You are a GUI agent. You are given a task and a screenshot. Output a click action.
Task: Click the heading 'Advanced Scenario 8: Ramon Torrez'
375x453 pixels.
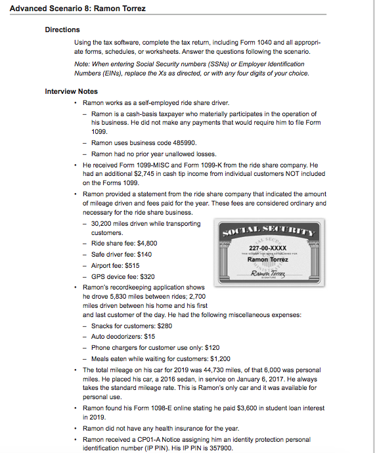point(74,9)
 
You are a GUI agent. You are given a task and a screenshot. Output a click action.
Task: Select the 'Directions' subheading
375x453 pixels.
point(62,30)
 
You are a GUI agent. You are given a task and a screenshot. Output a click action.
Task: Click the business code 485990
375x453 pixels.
point(183,142)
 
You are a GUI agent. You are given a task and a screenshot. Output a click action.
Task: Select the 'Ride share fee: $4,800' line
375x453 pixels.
point(124,243)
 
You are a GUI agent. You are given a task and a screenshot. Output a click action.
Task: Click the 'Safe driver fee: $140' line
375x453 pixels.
point(121,254)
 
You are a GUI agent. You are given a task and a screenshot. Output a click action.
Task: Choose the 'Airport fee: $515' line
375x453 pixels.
point(116,265)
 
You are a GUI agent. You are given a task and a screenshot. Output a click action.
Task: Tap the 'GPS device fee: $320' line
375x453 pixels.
point(123,276)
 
